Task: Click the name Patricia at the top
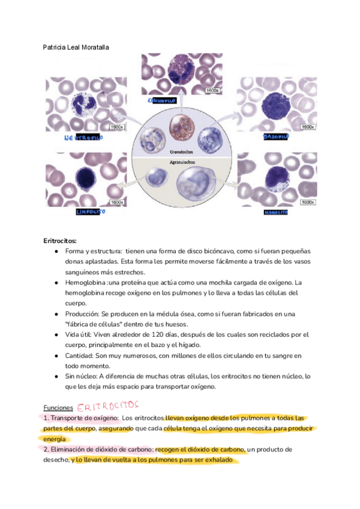(x=55, y=46)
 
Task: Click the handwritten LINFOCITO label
(x=91, y=212)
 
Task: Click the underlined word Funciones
(x=59, y=407)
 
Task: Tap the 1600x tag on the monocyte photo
(x=308, y=202)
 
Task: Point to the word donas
(x=75, y=262)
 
